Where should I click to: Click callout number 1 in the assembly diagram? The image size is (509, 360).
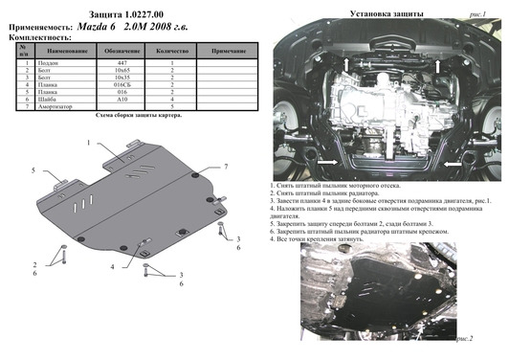[89, 143]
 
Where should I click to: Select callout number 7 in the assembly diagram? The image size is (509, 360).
[225, 167]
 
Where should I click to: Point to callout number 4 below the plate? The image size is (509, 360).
[112, 265]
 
